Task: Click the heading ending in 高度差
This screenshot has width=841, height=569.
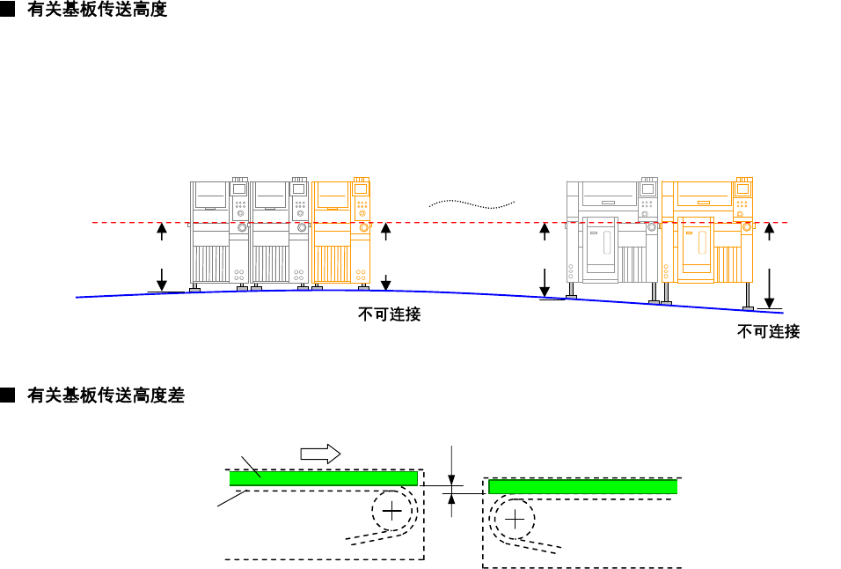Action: (x=106, y=395)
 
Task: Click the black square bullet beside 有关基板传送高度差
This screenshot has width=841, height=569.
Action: (x=8, y=395)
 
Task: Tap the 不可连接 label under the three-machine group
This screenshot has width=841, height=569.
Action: (x=389, y=314)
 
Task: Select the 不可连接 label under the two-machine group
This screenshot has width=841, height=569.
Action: (x=768, y=331)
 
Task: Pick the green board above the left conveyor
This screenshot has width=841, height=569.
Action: (x=323, y=478)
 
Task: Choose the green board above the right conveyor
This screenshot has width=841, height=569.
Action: (x=582, y=486)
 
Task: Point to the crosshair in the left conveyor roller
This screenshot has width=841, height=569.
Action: (x=392, y=511)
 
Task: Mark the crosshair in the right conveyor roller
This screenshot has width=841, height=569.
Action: (x=515, y=519)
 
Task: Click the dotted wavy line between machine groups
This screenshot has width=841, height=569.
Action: (x=472, y=203)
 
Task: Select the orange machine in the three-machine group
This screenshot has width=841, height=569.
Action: (x=341, y=233)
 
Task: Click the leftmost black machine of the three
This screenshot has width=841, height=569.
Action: (x=219, y=233)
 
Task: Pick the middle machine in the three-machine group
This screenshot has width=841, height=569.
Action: (x=280, y=233)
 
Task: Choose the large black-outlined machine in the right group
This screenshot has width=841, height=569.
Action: (x=611, y=233)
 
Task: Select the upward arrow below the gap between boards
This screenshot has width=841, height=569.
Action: (x=451, y=504)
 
